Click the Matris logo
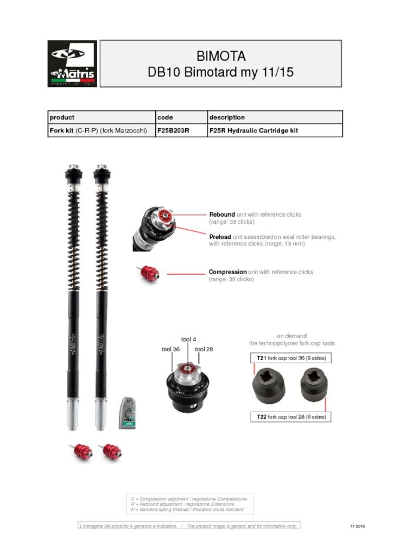coord(72,64)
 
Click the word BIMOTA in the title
coord(220,56)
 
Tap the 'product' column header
coord(62,117)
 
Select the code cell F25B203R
coord(173,131)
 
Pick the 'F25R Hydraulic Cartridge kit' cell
coord(253,131)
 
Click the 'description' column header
coord(227,117)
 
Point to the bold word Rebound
coord(222,214)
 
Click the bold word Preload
coord(220,237)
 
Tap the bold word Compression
coord(228,272)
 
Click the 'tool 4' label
coord(188,339)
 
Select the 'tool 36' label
coord(170,349)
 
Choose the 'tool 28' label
coord(204,349)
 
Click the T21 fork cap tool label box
coord(291,358)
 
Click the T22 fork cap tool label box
coord(291,417)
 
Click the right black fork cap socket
coord(314,383)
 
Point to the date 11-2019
coord(357,526)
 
